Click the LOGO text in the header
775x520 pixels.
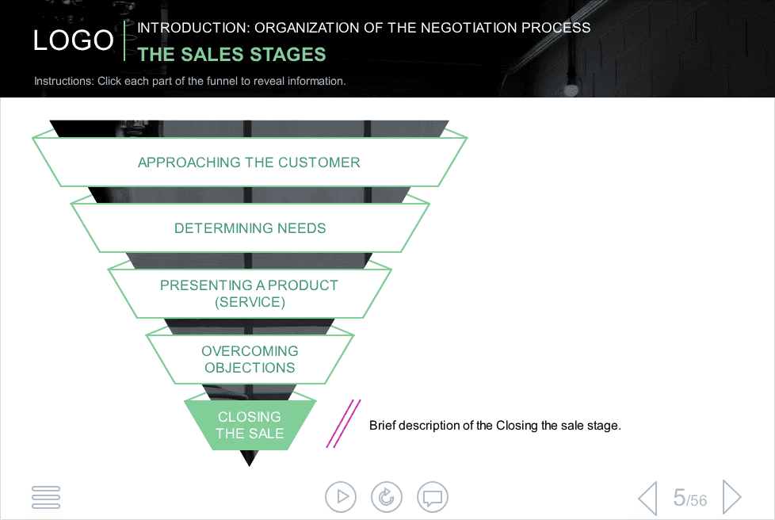(73, 40)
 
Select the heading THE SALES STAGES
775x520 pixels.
(231, 55)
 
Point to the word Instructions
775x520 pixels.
(63, 81)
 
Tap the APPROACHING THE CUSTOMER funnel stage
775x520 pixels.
(249, 162)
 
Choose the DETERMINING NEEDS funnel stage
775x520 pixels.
(250, 227)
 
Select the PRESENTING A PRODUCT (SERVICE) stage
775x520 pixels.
(250, 293)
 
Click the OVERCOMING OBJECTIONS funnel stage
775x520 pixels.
(250, 359)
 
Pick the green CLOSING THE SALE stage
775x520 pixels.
(250, 425)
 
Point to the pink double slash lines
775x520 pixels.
(343, 423)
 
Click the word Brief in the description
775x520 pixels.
(382, 425)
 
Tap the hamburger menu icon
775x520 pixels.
(46, 497)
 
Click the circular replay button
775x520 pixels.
(387, 497)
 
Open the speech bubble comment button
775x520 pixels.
(433, 497)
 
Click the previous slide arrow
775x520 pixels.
(648, 498)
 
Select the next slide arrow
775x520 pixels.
(732, 497)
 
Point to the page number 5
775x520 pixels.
(679, 497)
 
